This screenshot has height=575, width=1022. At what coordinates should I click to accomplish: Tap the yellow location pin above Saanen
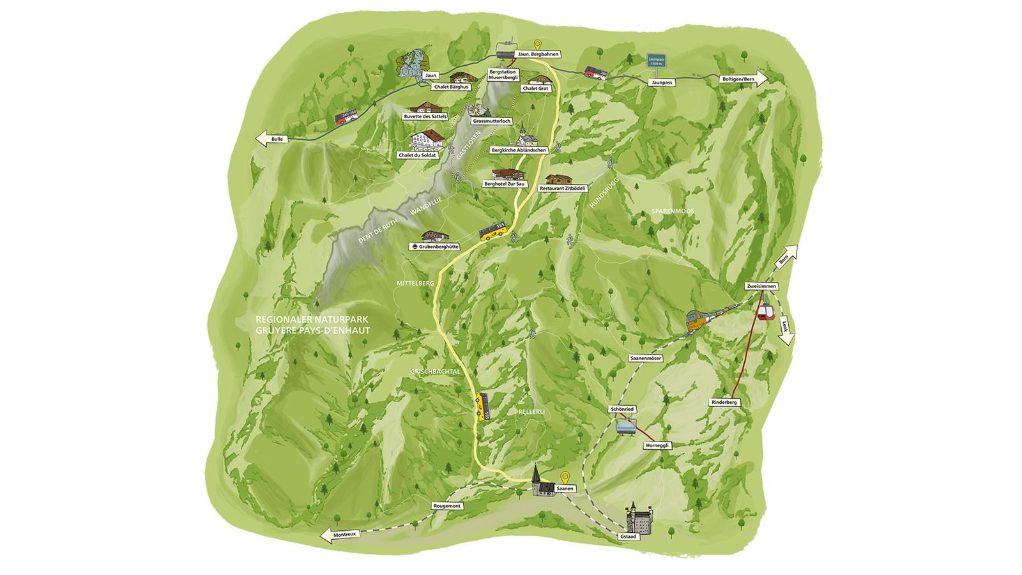[x=564, y=477]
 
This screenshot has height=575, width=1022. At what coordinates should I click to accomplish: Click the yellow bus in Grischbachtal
[x=482, y=406]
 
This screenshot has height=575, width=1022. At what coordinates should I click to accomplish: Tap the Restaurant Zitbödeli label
[x=562, y=188]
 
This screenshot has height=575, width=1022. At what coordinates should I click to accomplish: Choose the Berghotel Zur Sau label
[x=505, y=184]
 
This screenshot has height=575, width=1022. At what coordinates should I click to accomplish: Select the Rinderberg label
[x=724, y=402]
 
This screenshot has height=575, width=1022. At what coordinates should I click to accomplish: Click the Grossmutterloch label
[x=491, y=121]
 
